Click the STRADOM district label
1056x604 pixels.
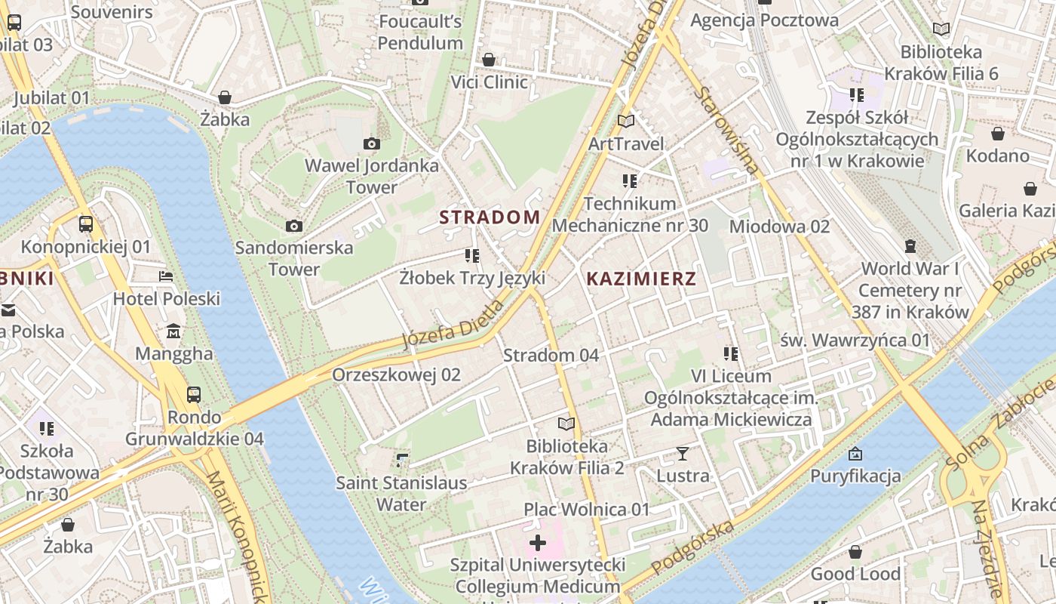[x=490, y=217]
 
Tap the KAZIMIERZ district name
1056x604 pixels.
[x=641, y=279]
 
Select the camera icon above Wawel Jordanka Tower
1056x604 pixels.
[x=372, y=143]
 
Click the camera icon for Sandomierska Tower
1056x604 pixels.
[x=294, y=226]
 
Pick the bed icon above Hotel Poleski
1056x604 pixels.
[x=167, y=276]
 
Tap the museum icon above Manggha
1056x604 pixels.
[x=174, y=331]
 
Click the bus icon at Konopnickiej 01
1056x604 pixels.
[x=86, y=224]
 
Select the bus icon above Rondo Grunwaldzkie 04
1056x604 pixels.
[x=194, y=394]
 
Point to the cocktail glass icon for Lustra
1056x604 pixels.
[x=683, y=454]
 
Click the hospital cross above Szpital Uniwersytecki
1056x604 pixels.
[x=538, y=543]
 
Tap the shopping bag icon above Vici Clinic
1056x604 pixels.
[x=489, y=60]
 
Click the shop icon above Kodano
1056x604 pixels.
[x=998, y=134]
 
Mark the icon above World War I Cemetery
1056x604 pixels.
[x=910, y=246]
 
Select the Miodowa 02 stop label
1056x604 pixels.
[x=779, y=226]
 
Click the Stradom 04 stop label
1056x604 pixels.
[x=551, y=355]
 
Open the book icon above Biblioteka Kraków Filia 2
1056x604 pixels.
[x=566, y=424]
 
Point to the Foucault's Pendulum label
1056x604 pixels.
[x=420, y=32]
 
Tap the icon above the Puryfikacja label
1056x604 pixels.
[x=855, y=454]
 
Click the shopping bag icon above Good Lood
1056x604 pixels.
[x=855, y=552]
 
